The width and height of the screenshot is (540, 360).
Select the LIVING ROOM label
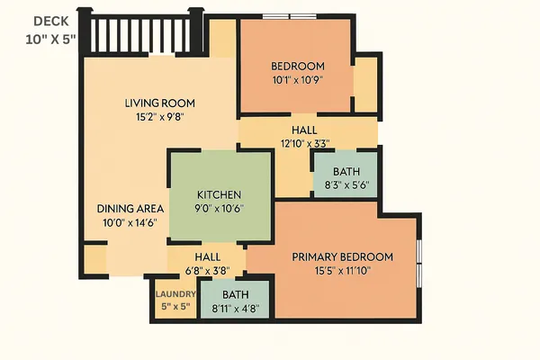[159, 103]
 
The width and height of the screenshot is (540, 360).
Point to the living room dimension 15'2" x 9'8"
[159, 116]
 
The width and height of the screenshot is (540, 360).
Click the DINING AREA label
[130, 208]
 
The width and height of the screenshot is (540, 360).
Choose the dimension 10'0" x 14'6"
[130, 222]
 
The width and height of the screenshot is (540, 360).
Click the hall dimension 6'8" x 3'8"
[207, 269]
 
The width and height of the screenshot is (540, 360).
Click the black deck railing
[142, 34]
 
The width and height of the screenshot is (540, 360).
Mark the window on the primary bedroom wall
[419, 261]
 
